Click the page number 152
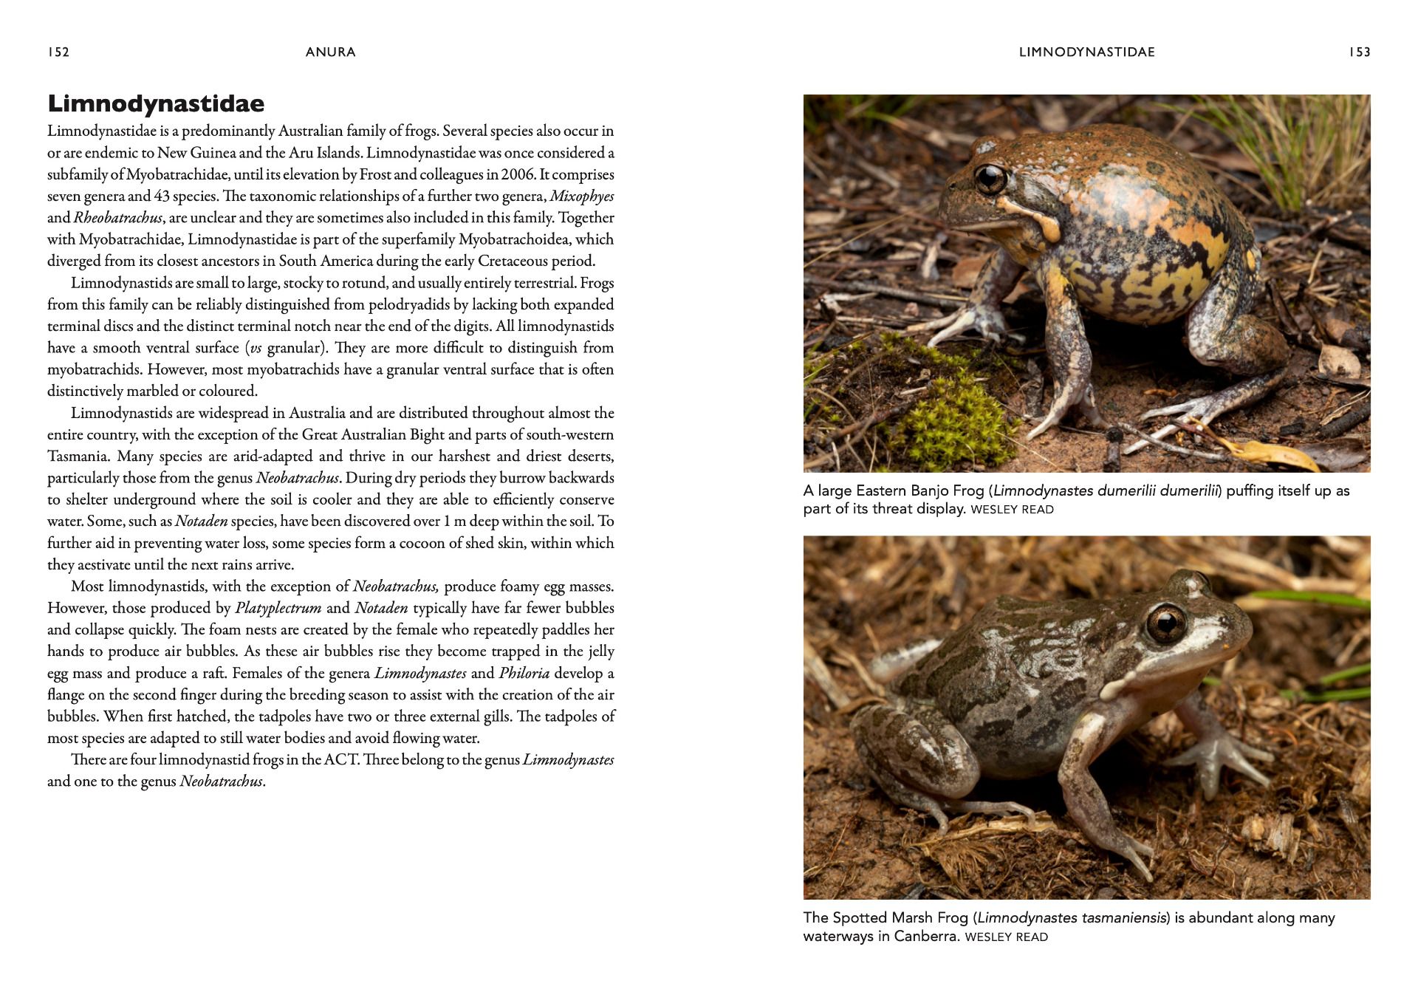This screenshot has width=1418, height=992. [58, 52]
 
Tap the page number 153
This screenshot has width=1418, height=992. [1359, 52]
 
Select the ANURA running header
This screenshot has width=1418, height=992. [330, 52]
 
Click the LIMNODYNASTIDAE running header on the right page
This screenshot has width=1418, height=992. [1086, 52]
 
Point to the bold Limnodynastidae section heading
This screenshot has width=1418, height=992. [156, 104]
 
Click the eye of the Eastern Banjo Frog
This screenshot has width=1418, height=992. [990, 178]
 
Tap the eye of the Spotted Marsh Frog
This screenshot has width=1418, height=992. [1165, 625]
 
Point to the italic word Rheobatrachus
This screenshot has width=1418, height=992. [117, 218]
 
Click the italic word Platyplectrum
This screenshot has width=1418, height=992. [278, 609]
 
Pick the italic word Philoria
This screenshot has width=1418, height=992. [524, 674]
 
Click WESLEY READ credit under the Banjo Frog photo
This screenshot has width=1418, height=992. [1012, 510]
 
